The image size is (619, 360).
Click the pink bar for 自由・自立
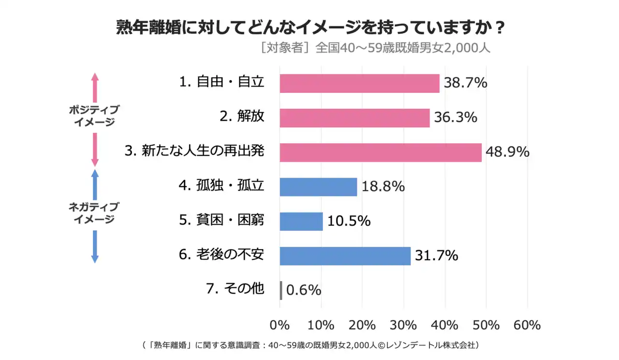click(x=359, y=83)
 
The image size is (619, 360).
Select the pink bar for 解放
click(x=354, y=118)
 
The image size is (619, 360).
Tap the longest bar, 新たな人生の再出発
click(x=381, y=152)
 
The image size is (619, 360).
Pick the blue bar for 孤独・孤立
click(x=318, y=187)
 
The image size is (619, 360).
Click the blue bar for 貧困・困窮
click(x=301, y=221)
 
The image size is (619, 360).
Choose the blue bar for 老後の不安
click(x=345, y=255)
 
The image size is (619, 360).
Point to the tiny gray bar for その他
click(x=281, y=290)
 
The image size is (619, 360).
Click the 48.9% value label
click(x=507, y=152)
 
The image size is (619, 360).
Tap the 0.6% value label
click(x=304, y=290)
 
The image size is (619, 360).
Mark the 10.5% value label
click(x=349, y=221)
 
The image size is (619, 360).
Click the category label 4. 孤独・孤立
click(x=222, y=186)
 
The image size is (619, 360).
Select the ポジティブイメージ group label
click(x=94, y=116)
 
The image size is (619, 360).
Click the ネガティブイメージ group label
click(x=94, y=213)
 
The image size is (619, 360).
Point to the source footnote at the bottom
click(x=310, y=345)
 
